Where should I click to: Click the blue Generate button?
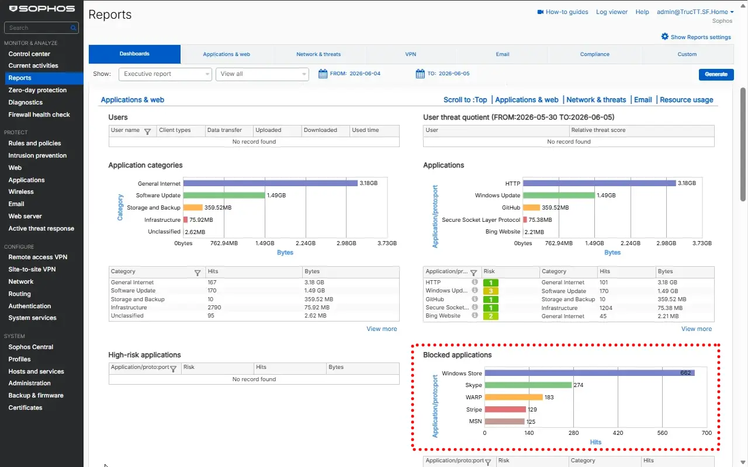[x=716, y=74]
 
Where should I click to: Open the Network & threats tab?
[x=318, y=54]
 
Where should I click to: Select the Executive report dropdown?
[x=165, y=74]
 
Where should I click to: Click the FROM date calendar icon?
[x=323, y=74]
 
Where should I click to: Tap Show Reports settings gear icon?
[x=664, y=37]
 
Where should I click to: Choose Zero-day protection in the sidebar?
[x=37, y=90]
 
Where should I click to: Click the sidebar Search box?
[x=41, y=27]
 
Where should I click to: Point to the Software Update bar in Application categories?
[x=224, y=195]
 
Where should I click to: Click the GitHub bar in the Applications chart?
[x=531, y=207]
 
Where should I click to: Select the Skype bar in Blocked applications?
[x=528, y=385]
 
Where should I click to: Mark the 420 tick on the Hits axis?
[x=618, y=433]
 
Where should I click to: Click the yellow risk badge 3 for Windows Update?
[x=490, y=291]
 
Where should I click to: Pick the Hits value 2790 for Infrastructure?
[x=214, y=308]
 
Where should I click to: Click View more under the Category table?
[x=382, y=329]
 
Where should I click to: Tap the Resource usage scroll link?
[x=686, y=100]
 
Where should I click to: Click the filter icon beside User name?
[x=147, y=131]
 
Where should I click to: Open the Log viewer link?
[x=612, y=12]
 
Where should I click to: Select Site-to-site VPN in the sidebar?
[x=32, y=269]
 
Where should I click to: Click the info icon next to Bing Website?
[x=475, y=316]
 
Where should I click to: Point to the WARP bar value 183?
[x=549, y=398]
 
